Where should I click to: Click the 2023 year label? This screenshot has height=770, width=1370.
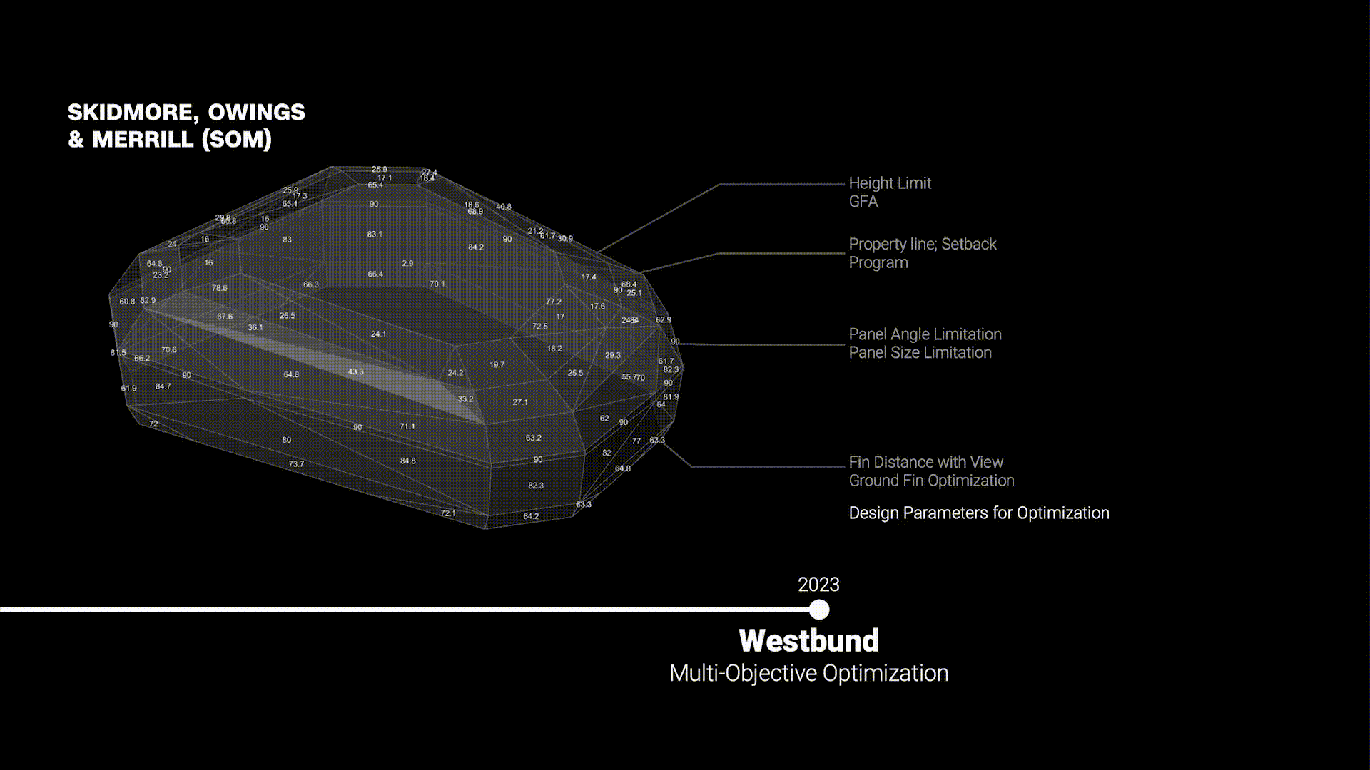pos(818,585)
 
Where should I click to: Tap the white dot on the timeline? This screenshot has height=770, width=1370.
pos(819,610)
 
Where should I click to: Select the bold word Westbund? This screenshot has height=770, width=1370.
pos(808,640)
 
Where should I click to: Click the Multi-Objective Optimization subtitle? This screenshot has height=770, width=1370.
pos(808,673)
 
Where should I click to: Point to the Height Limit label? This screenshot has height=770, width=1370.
pos(890,183)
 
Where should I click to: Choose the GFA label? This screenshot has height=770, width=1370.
pos(863,202)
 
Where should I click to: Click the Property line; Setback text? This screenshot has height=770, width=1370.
pos(922,244)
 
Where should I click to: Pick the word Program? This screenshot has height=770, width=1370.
pos(878,262)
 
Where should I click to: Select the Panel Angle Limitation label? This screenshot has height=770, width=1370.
pos(925,334)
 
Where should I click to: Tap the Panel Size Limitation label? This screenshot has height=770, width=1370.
pos(920,352)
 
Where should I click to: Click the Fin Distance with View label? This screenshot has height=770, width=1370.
pos(925,462)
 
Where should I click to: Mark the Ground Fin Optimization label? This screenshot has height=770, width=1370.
pos(931,481)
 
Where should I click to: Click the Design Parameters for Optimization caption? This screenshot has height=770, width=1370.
pos(979,513)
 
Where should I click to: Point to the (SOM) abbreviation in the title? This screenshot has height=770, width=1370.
pos(237,139)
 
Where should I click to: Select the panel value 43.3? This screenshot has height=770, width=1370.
pos(355,371)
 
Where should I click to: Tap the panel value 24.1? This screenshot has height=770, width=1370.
pos(378,334)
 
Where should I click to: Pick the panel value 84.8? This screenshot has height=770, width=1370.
pos(407,461)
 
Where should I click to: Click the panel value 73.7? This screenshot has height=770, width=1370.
pos(296,464)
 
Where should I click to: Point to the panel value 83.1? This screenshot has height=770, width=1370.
pos(375,234)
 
